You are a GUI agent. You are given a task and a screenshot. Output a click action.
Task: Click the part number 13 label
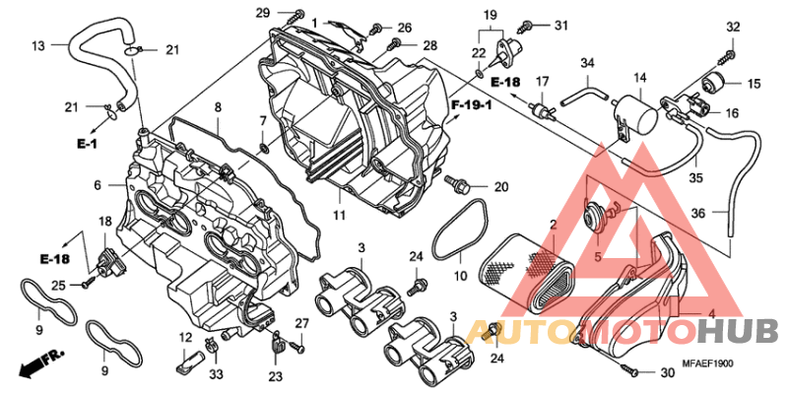(37, 46)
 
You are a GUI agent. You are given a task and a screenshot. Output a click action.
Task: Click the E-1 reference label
(87, 144)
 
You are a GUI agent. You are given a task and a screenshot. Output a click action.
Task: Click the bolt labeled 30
(631, 371)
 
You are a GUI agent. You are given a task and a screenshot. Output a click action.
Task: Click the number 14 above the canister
(639, 78)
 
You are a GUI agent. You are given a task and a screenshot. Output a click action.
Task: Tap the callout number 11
(338, 215)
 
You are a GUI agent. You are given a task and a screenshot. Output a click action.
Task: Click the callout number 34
(587, 63)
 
